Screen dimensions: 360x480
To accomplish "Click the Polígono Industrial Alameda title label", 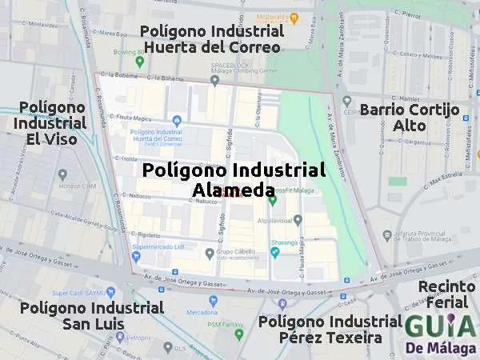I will [234, 180].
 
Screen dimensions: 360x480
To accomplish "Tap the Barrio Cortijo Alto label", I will [409, 118].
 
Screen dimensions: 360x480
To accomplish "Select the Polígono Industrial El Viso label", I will [51, 123].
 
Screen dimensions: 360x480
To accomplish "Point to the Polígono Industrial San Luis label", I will [91, 316].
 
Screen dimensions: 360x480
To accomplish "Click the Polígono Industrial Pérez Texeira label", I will [330, 329].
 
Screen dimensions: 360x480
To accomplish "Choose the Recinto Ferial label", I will [446, 295].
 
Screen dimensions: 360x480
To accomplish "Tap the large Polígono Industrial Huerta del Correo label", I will [211, 38].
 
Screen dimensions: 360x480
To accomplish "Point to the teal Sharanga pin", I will [274, 252].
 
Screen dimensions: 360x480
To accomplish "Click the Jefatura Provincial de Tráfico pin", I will [387, 235].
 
